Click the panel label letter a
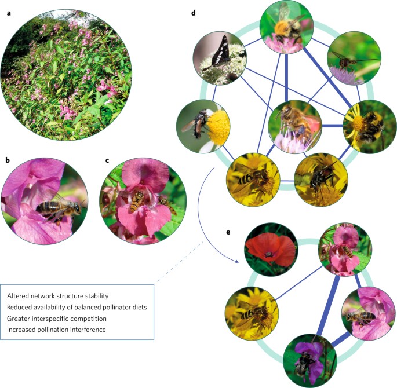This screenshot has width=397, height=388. (x=9, y=11)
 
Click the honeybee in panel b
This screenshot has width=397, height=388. (x=53, y=210)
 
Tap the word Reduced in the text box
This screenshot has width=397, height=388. (x=20, y=307)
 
